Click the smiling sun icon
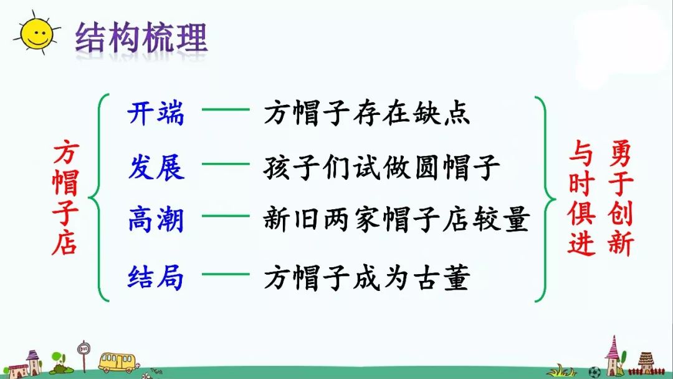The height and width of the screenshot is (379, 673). pos(36,34)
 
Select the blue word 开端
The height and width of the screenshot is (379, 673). pos(156,114)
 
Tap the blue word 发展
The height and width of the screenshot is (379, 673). pos(156,167)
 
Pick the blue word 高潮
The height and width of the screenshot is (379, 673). pos(156,220)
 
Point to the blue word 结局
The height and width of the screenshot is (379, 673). pos(156,277)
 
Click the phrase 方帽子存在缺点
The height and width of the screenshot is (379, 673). pos(366,114)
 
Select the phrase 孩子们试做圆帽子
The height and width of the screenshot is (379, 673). pos(381,167)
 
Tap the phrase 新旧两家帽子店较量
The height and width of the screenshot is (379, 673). pos(396,220)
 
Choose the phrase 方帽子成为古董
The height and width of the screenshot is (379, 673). pos(366,277)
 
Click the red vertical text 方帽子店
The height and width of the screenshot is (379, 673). pos(65,197)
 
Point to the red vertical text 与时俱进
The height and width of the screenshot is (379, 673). pos(582,197)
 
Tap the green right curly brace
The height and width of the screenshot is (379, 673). pos(547,197)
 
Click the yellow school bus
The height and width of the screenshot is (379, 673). pos(117,362)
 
